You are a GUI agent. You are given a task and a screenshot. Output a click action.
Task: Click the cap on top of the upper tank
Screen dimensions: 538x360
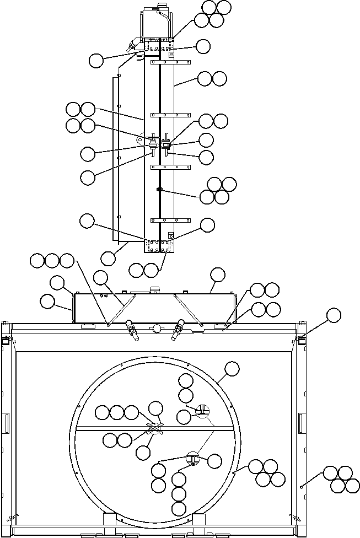pos(161,6)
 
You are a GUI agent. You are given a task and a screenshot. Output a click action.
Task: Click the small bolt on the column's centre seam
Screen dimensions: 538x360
pos(159,190)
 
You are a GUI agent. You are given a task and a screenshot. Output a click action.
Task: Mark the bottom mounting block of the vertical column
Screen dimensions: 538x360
pos(160,246)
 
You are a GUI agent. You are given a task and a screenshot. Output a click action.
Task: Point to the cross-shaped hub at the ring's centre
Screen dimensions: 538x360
pos(155,429)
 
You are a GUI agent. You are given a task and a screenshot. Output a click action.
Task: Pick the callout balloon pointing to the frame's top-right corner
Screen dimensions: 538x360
pos(334,315)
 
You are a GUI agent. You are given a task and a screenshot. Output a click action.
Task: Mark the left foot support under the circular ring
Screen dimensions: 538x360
pos(110,520)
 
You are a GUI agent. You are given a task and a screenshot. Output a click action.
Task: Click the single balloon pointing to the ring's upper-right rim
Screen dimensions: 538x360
pos(232,369)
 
